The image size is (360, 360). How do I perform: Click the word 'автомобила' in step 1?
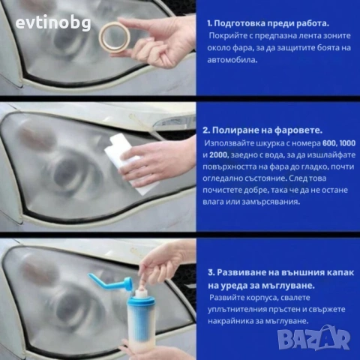pos(233,61)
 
